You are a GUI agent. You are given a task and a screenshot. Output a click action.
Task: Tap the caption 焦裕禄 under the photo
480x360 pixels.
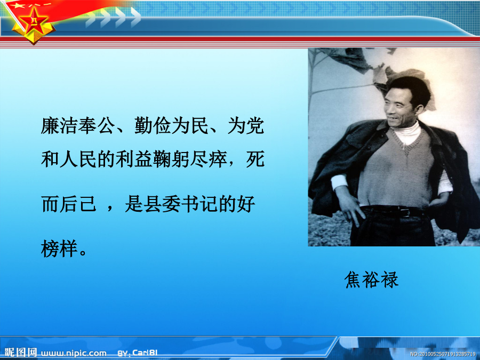click(371, 279)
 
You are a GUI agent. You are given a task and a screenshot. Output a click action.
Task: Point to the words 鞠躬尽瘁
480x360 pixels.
click(190, 159)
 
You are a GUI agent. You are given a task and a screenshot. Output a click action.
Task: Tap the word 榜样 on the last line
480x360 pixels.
click(59, 248)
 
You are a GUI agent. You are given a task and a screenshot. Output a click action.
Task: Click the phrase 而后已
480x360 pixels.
click(69, 204)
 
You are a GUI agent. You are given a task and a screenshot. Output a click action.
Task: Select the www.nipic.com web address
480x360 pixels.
click(74, 353)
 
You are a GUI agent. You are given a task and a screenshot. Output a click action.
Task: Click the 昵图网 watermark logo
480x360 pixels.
click(21, 353)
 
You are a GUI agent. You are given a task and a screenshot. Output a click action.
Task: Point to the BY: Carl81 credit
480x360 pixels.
click(138, 353)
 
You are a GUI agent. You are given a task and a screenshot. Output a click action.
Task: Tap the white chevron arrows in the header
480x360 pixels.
click(113, 17)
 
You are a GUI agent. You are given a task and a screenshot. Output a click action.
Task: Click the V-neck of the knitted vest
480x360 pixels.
click(406, 147)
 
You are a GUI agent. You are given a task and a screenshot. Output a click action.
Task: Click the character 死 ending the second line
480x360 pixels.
click(255, 159)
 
